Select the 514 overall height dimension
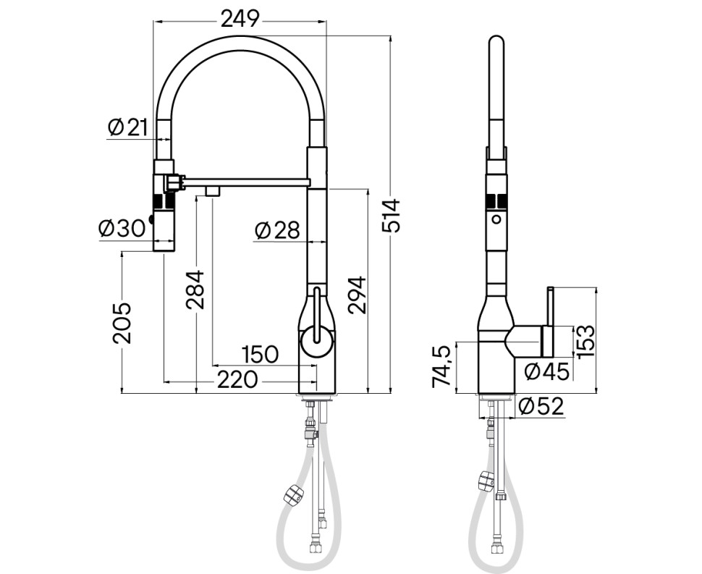[392, 216]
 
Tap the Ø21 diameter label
[128, 127]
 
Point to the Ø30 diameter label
[122, 228]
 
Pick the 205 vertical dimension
[121, 321]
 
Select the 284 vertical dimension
[195, 289]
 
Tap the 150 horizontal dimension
[260, 354]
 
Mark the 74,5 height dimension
[442, 366]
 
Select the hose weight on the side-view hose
[485, 481]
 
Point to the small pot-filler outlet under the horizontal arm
[212, 191]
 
